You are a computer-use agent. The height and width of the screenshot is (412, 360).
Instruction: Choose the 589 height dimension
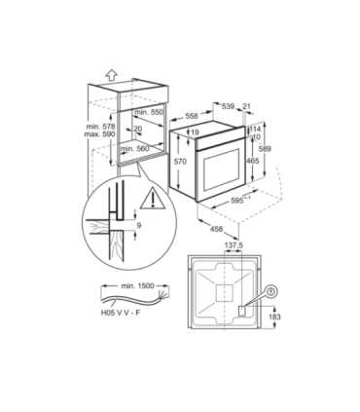(274, 147)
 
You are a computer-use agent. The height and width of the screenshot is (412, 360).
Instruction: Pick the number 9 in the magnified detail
(138, 225)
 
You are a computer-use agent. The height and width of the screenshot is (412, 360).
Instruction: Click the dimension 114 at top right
(256, 128)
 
